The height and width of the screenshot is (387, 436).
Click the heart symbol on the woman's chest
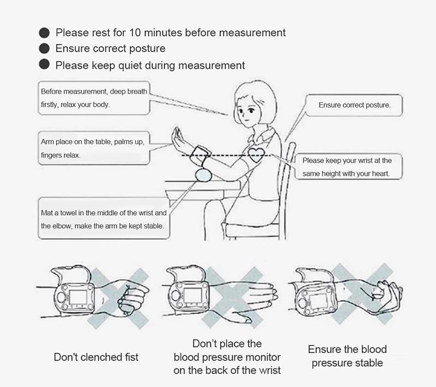(255, 155)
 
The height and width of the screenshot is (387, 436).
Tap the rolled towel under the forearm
(203, 175)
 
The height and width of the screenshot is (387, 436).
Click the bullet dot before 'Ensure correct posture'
(44, 49)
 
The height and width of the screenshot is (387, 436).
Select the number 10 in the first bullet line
(135, 33)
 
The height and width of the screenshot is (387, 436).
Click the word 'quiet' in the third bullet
(130, 66)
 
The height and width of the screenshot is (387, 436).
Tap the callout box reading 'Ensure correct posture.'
(354, 105)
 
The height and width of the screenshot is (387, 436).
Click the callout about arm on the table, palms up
(94, 148)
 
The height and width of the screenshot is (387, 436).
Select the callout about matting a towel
(104, 218)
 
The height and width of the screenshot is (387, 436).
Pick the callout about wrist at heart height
(348, 166)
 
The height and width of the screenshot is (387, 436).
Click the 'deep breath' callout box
(94, 98)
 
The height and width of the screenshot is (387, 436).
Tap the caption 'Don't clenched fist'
(96, 357)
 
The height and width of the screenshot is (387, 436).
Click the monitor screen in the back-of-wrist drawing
(193, 296)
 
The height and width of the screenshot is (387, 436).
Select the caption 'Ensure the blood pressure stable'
(347, 356)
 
